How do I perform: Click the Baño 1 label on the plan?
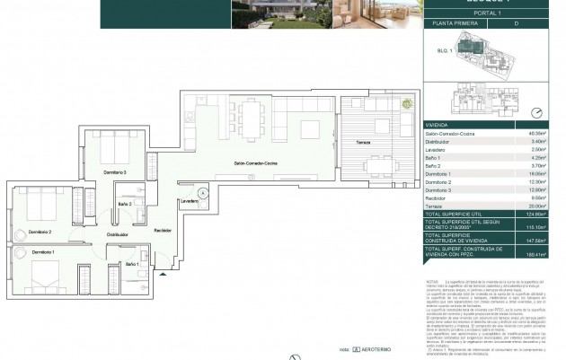click(132, 263)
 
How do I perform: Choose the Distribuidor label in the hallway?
click(119, 234)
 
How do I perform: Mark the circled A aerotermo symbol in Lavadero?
click(204, 192)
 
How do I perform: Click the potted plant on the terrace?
click(407, 101)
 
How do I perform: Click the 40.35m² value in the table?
click(539, 132)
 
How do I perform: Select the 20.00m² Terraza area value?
click(539, 205)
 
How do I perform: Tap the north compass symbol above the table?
click(536, 113)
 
